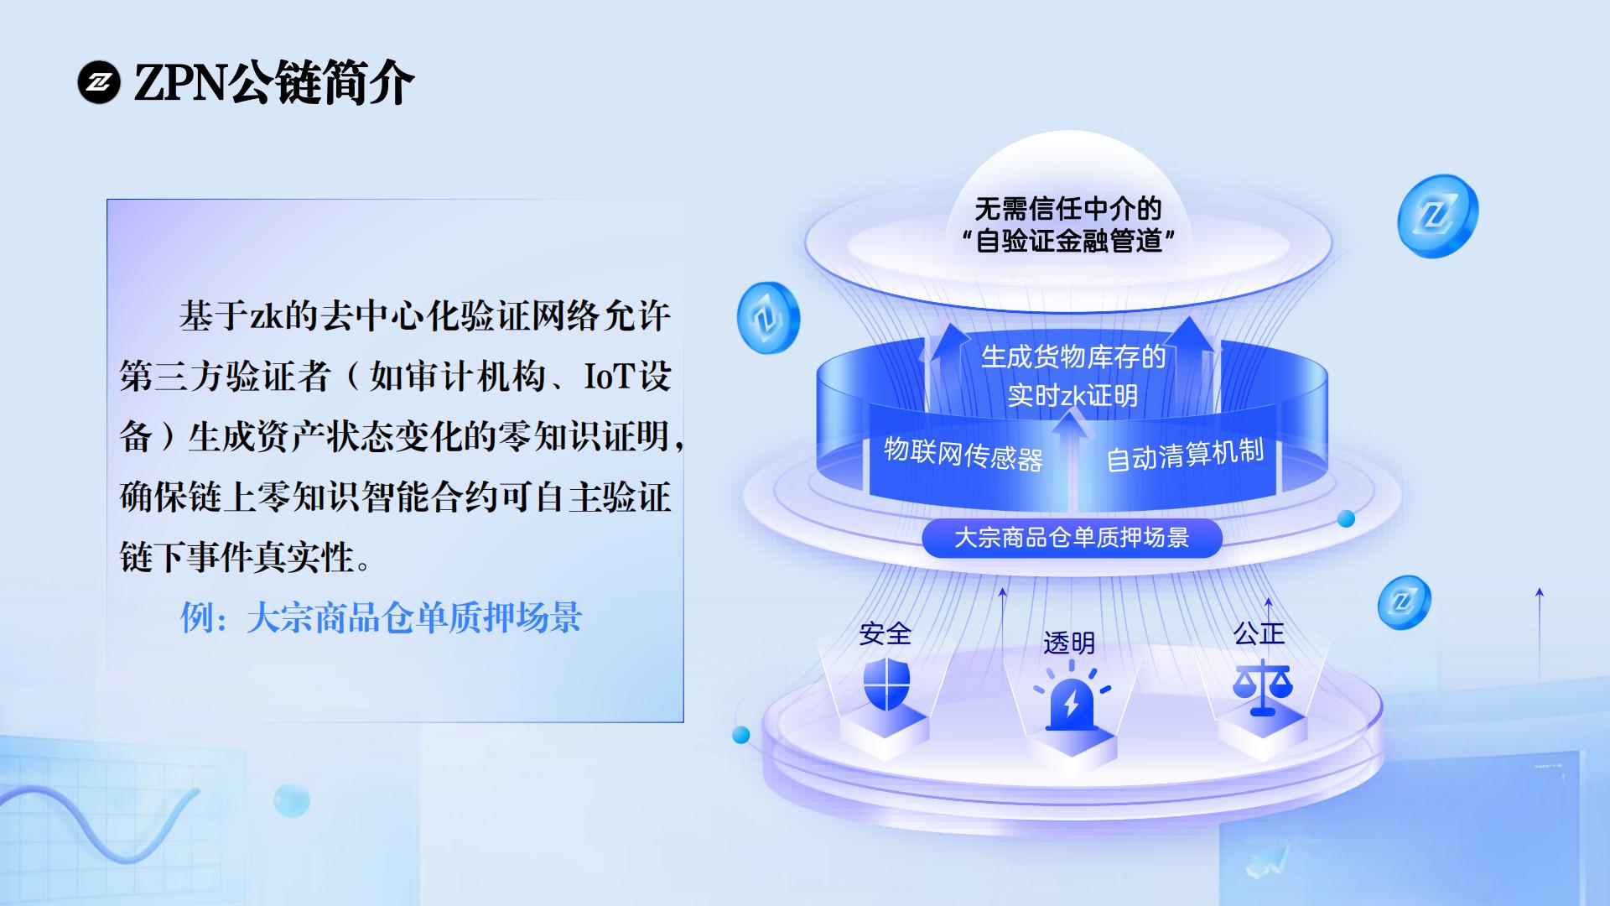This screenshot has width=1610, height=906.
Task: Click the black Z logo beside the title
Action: [x=99, y=82]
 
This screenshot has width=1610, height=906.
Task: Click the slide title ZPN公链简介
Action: [x=274, y=82]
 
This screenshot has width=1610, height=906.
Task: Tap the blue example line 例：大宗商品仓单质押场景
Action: [x=382, y=617]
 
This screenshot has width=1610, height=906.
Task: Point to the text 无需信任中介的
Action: [x=1067, y=208]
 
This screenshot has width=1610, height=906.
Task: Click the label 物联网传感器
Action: [x=963, y=454]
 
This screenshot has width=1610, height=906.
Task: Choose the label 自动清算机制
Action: [x=1185, y=455]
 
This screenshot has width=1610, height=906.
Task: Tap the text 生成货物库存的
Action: [x=1073, y=357]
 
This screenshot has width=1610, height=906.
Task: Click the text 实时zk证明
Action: [x=1072, y=395]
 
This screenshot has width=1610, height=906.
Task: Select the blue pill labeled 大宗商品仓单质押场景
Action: [x=1072, y=538]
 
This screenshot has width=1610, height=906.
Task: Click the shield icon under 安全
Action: [x=886, y=684]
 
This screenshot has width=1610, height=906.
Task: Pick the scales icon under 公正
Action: [x=1262, y=687]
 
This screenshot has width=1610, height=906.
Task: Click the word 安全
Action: [x=885, y=633]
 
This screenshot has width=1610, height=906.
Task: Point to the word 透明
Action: [x=1069, y=643]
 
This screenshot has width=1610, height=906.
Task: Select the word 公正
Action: [x=1259, y=633]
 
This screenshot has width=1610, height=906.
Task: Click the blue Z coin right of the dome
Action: [x=1437, y=216]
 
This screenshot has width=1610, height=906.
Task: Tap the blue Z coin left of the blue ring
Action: [x=768, y=318]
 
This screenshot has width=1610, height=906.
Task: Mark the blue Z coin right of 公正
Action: [x=1404, y=602]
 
